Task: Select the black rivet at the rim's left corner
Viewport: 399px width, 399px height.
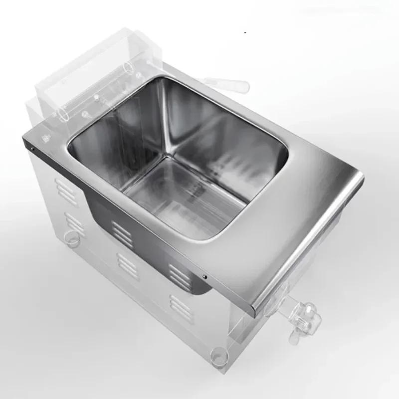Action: [x=31, y=148]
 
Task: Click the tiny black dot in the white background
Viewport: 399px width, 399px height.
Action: [x=244, y=32]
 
